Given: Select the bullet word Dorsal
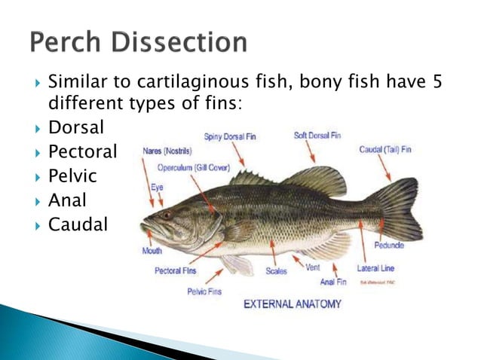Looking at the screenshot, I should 76,129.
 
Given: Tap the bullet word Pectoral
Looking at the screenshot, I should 83,153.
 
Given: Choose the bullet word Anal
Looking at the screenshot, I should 67,201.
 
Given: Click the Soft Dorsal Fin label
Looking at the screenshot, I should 317,136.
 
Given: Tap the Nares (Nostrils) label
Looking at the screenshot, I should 167,151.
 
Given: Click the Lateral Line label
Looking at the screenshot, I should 375,267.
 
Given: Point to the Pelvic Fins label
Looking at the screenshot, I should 204,291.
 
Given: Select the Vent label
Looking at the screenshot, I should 314,267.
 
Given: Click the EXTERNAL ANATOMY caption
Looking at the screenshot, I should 292,304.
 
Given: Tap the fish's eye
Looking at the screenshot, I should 167,215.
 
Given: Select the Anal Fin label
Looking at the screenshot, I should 333,282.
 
